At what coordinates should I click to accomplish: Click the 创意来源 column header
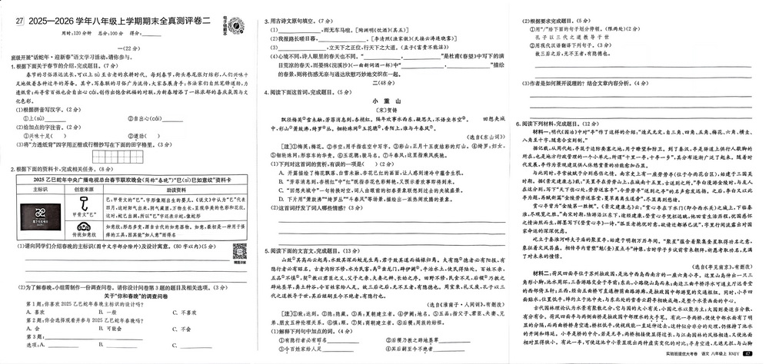pos(83,190)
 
